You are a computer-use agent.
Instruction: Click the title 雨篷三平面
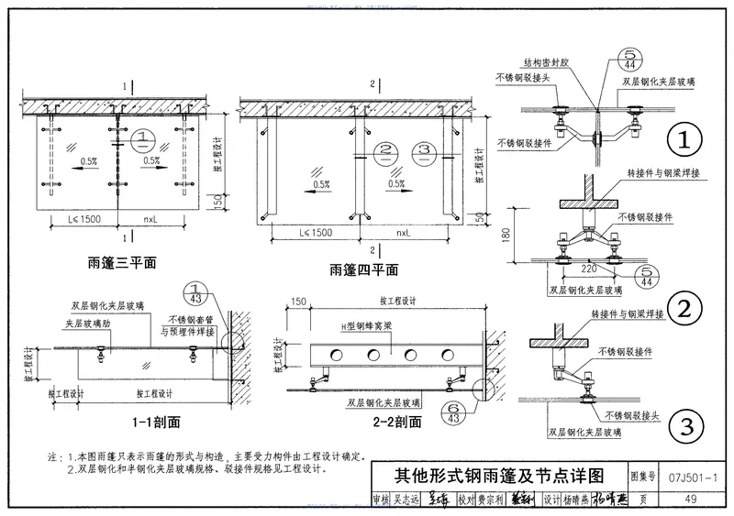(122, 262)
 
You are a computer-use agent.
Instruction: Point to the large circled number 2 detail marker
(684, 310)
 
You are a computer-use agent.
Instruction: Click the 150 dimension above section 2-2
(297, 301)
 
